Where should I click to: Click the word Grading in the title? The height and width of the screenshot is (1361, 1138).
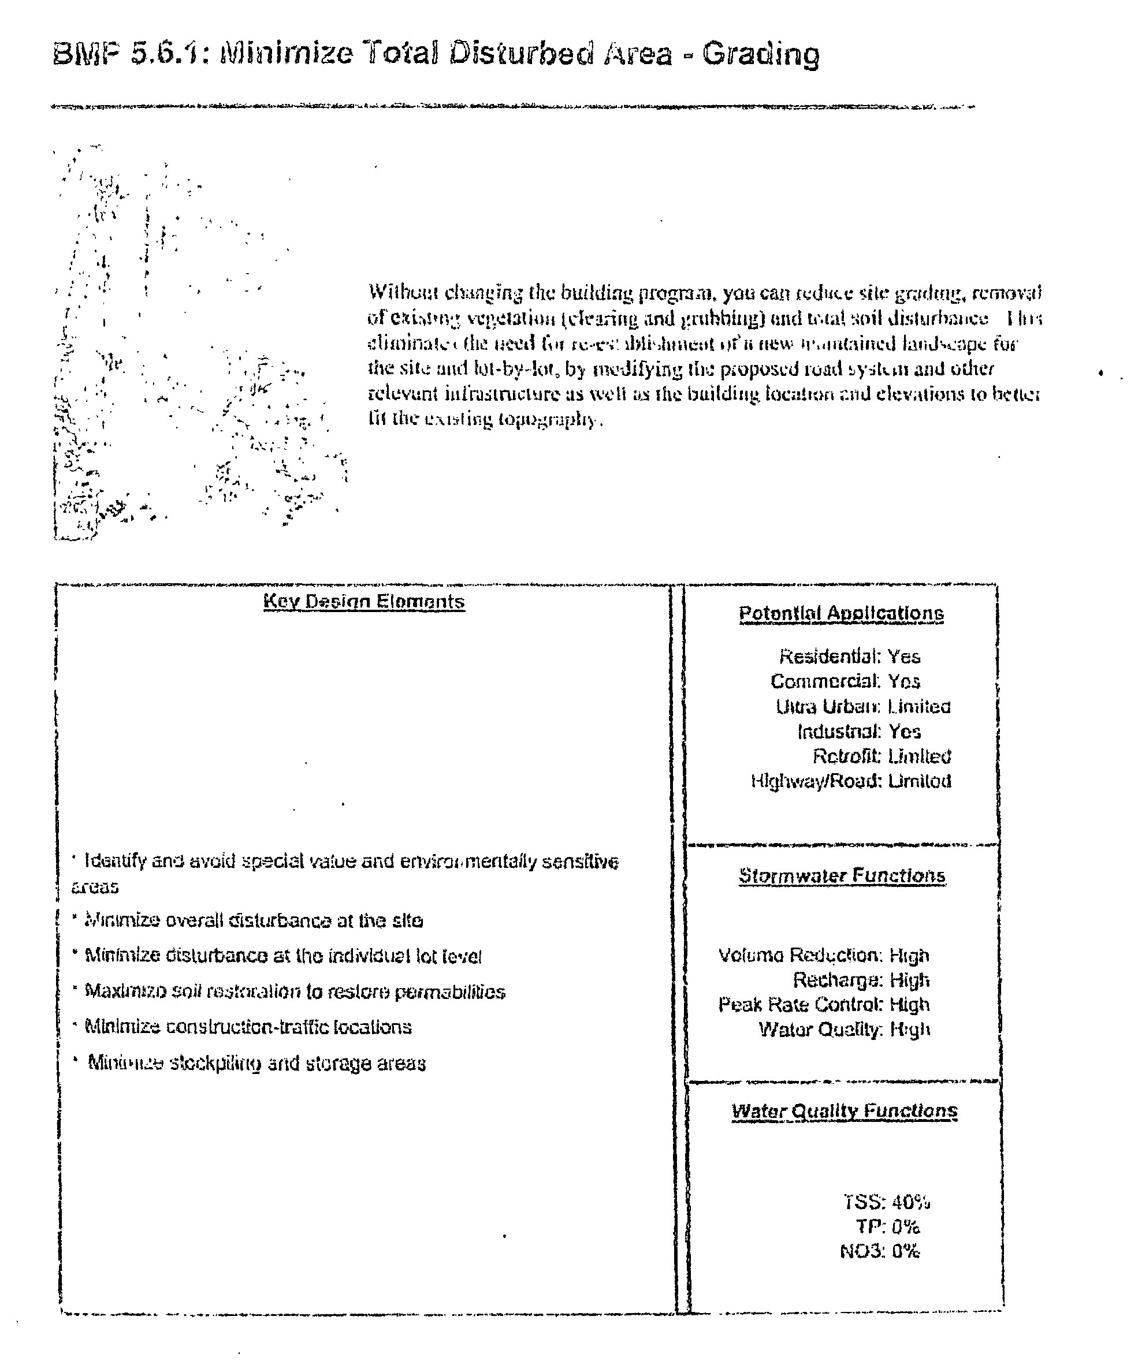click(761, 54)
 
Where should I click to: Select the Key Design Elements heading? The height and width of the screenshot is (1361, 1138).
click(364, 602)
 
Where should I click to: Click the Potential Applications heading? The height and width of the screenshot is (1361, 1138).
click(841, 613)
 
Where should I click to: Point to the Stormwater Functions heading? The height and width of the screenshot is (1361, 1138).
click(842, 875)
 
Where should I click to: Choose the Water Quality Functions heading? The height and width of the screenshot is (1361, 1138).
click(845, 1110)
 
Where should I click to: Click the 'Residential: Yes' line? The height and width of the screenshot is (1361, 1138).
click(849, 657)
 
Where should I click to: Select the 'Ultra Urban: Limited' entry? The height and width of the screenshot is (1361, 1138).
click(862, 706)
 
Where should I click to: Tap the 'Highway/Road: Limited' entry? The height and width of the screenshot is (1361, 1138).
click(851, 781)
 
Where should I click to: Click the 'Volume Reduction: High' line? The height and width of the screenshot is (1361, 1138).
click(824, 955)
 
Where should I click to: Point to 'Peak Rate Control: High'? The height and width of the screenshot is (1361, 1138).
click(824, 1005)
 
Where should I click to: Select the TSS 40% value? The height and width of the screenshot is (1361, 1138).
click(886, 1203)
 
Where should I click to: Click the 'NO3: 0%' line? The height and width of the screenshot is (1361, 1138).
click(879, 1251)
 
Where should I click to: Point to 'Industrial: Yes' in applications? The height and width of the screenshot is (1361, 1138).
click(858, 732)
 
